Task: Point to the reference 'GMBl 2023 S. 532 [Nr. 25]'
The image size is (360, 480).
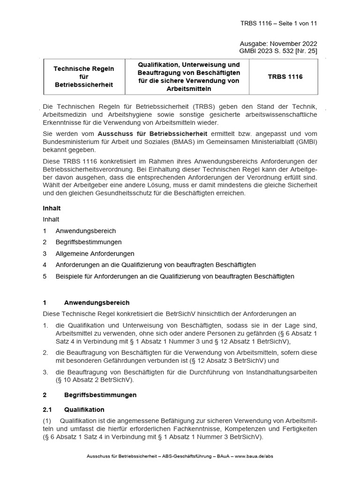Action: tap(278, 51)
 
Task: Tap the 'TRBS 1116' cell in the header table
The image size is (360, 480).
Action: tap(285, 76)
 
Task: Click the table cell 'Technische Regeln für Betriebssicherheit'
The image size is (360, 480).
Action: tap(84, 76)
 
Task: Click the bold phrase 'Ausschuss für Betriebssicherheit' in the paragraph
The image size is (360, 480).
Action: tap(158, 134)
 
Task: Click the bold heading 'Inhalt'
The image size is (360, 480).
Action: tap(52, 208)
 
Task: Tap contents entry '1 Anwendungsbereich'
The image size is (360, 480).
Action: tap(85, 231)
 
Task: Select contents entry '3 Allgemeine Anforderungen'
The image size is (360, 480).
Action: tap(95, 254)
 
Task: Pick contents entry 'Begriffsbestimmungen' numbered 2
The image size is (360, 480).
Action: tap(89, 242)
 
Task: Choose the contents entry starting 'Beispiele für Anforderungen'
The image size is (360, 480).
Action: tap(175, 276)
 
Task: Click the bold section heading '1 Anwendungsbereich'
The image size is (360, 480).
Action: tap(97, 302)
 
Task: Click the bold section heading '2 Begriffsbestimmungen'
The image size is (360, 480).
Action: tap(100, 395)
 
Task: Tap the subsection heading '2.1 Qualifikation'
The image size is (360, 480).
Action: tap(84, 410)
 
